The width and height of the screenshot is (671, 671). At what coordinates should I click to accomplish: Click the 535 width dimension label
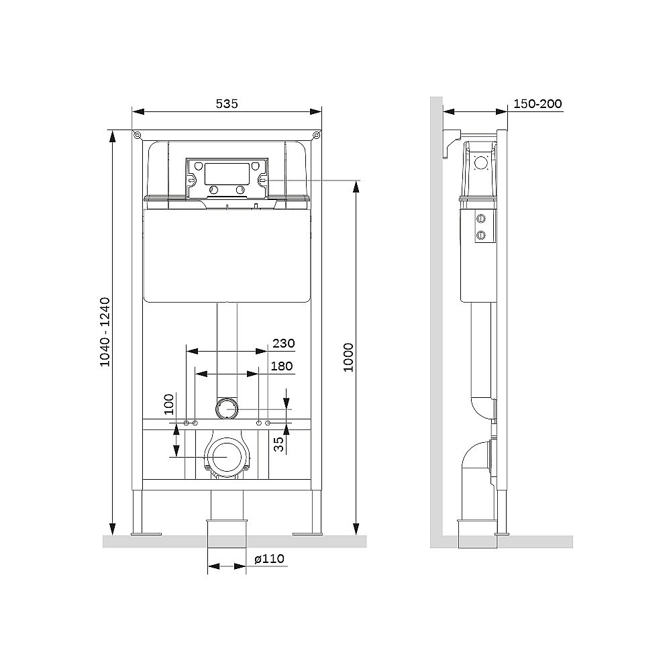(x=227, y=103)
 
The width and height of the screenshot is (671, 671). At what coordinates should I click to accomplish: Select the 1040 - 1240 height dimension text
(x=105, y=331)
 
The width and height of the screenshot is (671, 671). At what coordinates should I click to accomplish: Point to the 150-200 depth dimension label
(x=537, y=103)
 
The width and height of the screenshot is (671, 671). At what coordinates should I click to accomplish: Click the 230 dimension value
(x=284, y=343)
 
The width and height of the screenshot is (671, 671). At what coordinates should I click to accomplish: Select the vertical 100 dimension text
(x=169, y=405)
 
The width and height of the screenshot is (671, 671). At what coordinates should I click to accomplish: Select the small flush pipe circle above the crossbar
(x=227, y=407)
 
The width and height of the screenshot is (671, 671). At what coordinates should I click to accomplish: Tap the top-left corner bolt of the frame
(x=138, y=136)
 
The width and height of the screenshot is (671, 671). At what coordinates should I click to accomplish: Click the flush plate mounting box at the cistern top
(x=227, y=178)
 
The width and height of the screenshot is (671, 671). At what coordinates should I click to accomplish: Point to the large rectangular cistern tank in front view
(x=227, y=256)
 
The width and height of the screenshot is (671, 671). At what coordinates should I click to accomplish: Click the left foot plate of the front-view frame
(x=146, y=534)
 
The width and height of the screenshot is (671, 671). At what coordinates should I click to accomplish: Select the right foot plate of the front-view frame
(x=307, y=534)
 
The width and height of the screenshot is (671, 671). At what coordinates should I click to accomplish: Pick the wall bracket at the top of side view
(x=450, y=142)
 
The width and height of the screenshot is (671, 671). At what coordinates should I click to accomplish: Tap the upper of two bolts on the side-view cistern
(x=480, y=219)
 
